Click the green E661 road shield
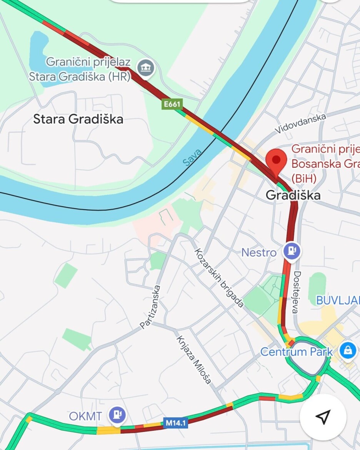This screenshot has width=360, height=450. click(x=172, y=104)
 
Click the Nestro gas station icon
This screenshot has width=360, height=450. click(x=292, y=252)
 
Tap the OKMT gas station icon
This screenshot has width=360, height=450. click(x=117, y=415)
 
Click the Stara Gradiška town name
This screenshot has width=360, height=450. click(x=78, y=119)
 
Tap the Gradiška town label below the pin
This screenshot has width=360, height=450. click(x=293, y=195)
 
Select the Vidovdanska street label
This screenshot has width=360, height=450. click(x=301, y=123)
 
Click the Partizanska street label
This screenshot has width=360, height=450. click(x=150, y=307)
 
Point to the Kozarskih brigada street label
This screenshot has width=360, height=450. click(x=218, y=278)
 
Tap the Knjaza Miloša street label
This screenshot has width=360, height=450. click(x=194, y=360)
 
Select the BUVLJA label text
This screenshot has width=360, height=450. click(x=338, y=300)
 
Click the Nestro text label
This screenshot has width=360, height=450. click(x=259, y=253)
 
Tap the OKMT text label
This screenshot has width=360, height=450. click(x=85, y=416)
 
